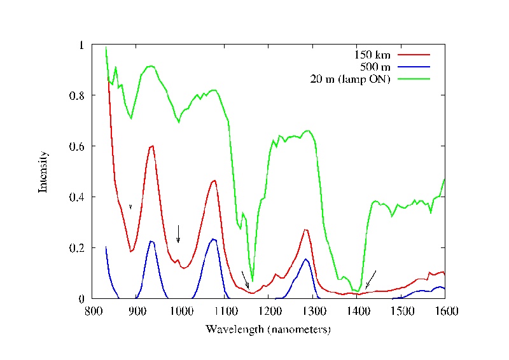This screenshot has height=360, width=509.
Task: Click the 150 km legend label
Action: pyautogui.click(x=373, y=55)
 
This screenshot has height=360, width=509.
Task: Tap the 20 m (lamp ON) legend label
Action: pyautogui.click(x=349, y=79)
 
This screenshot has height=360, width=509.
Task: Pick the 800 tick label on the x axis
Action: pyautogui.click(x=94, y=311)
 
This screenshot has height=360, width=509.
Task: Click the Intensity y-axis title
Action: pyautogui.click(x=44, y=172)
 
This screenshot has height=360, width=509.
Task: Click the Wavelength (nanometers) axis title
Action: pyautogui.click(x=268, y=329)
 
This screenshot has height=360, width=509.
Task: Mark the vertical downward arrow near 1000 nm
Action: pyautogui.click(x=179, y=233)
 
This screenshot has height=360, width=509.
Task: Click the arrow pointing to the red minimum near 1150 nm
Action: pyautogui.click(x=246, y=279)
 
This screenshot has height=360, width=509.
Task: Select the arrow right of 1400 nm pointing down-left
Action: pyautogui.click(x=370, y=279)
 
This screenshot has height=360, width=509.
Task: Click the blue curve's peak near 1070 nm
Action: pyautogui.click(x=214, y=239)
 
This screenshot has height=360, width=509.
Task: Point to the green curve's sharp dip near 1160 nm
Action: pyautogui.click(x=253, y=280)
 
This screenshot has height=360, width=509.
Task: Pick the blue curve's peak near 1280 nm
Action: pyautogui.click(x=306, y=259)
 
